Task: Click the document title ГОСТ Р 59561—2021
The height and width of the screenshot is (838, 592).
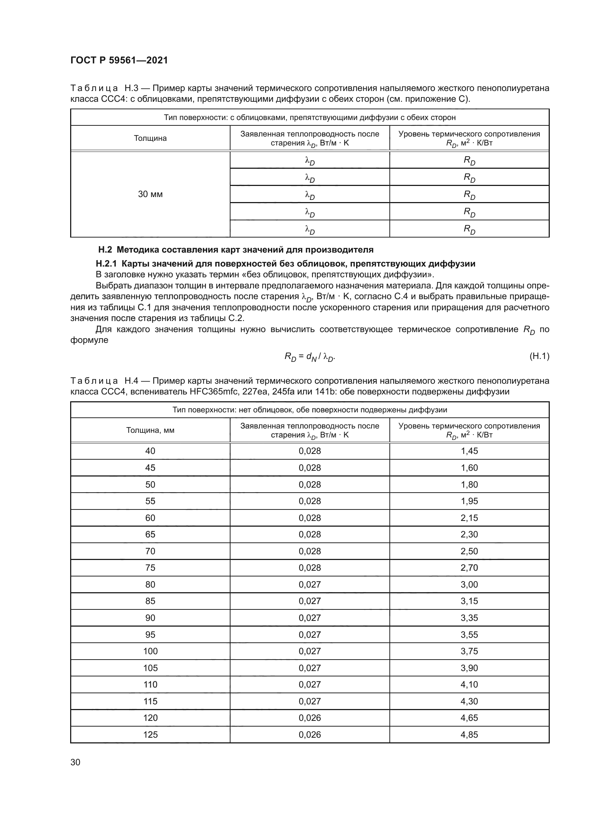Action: tap(119, 60)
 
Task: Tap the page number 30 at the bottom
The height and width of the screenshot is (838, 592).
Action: tap(76, 762)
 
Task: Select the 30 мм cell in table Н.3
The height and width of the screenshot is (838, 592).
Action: tap(150, 194)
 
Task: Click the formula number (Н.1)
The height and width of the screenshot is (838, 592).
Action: tap(539, 356)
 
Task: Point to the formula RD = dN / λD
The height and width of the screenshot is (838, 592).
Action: tap(310, 357)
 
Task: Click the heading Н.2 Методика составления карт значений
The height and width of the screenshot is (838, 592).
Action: tap(236, 250)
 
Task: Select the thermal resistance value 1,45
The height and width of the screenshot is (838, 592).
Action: tap(469, 451)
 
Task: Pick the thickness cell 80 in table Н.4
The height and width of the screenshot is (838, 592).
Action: tap(150, 584)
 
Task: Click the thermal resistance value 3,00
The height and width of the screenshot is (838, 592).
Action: tap(469, 584)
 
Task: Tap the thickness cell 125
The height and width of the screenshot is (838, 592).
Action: tap(150, 734)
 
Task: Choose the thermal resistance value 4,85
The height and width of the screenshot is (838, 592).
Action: tap(469, 734)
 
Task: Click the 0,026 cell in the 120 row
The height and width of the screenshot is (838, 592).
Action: tap(310, 718)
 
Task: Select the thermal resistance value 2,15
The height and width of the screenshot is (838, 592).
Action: tap(469, 518)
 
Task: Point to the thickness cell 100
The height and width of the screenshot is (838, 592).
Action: tap(150, 651)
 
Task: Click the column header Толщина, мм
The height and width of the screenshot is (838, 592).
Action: tap(150, 430)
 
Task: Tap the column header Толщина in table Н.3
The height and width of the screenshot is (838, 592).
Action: tap(150, 138)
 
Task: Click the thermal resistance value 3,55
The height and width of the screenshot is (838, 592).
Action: tap(469, 635)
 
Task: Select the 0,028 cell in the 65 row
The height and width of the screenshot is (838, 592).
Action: tap(310, 534)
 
